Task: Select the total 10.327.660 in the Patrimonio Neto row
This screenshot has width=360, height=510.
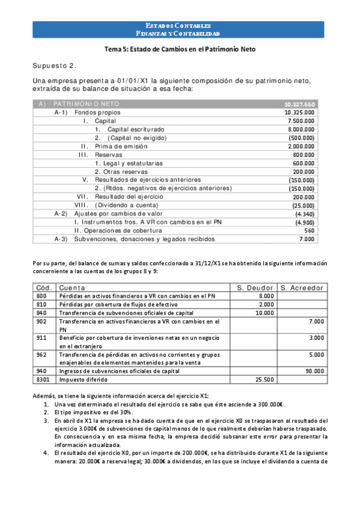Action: pos(299,104)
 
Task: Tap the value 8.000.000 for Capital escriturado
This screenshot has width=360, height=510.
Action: pos(300,129)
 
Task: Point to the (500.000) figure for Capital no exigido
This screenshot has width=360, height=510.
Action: pos(301,138)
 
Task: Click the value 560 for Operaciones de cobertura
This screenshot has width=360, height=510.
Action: pos(309,230)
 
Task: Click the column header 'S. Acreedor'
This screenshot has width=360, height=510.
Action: pos(302,287)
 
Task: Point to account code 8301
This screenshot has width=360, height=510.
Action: pos(43,379)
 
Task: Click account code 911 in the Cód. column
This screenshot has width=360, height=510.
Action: pos(41,339)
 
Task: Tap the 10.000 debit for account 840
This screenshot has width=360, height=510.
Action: pos(264,313)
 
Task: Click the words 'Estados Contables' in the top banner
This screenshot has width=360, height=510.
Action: pos(178,26)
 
